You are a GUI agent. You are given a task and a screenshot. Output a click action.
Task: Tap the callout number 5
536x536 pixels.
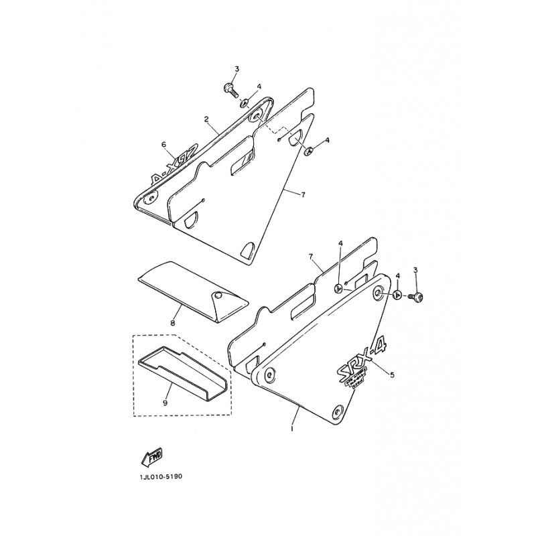coord(392,375)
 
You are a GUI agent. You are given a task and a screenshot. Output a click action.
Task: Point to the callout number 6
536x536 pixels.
coord(163,144)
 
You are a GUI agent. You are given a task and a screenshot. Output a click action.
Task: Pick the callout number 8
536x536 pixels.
coord(172,323)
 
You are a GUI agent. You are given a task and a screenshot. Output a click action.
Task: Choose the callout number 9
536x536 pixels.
coord(165,403)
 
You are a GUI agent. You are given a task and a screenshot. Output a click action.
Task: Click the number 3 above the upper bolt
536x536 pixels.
coord(237,70)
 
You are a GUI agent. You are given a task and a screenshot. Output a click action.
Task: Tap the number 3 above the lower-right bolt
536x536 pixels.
coord(415,270)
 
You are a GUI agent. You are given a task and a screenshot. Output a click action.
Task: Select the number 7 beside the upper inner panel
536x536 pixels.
coord(304,194)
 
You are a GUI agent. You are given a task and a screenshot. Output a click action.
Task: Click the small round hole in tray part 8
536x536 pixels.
coord(218,295)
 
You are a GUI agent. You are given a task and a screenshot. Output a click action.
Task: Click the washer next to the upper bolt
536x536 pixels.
coord(247,102)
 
